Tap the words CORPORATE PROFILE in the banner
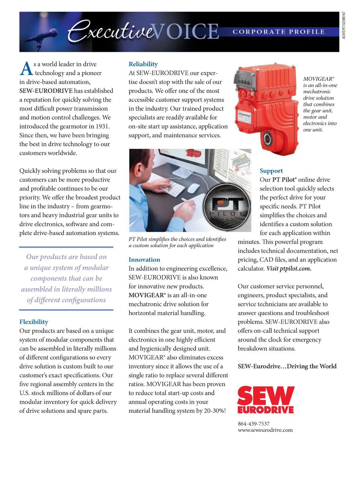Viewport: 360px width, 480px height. (279, 32)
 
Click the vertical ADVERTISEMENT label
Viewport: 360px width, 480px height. (344, 25)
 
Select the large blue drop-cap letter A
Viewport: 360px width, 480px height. (26, 69)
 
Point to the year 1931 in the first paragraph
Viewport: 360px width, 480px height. (102, 126)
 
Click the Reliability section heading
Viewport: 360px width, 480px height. (143, 64)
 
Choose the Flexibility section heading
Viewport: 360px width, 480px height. (34, 322)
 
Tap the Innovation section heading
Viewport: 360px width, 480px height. (144, 259)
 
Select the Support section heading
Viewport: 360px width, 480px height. (271, 171)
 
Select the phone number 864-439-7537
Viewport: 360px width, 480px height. (253, 424)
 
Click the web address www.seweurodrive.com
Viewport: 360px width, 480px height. (265, 430)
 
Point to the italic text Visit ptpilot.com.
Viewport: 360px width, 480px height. (289, 268)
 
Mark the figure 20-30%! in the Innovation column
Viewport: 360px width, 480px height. (215, 411)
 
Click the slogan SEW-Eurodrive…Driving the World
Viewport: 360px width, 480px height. (287, 366)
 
